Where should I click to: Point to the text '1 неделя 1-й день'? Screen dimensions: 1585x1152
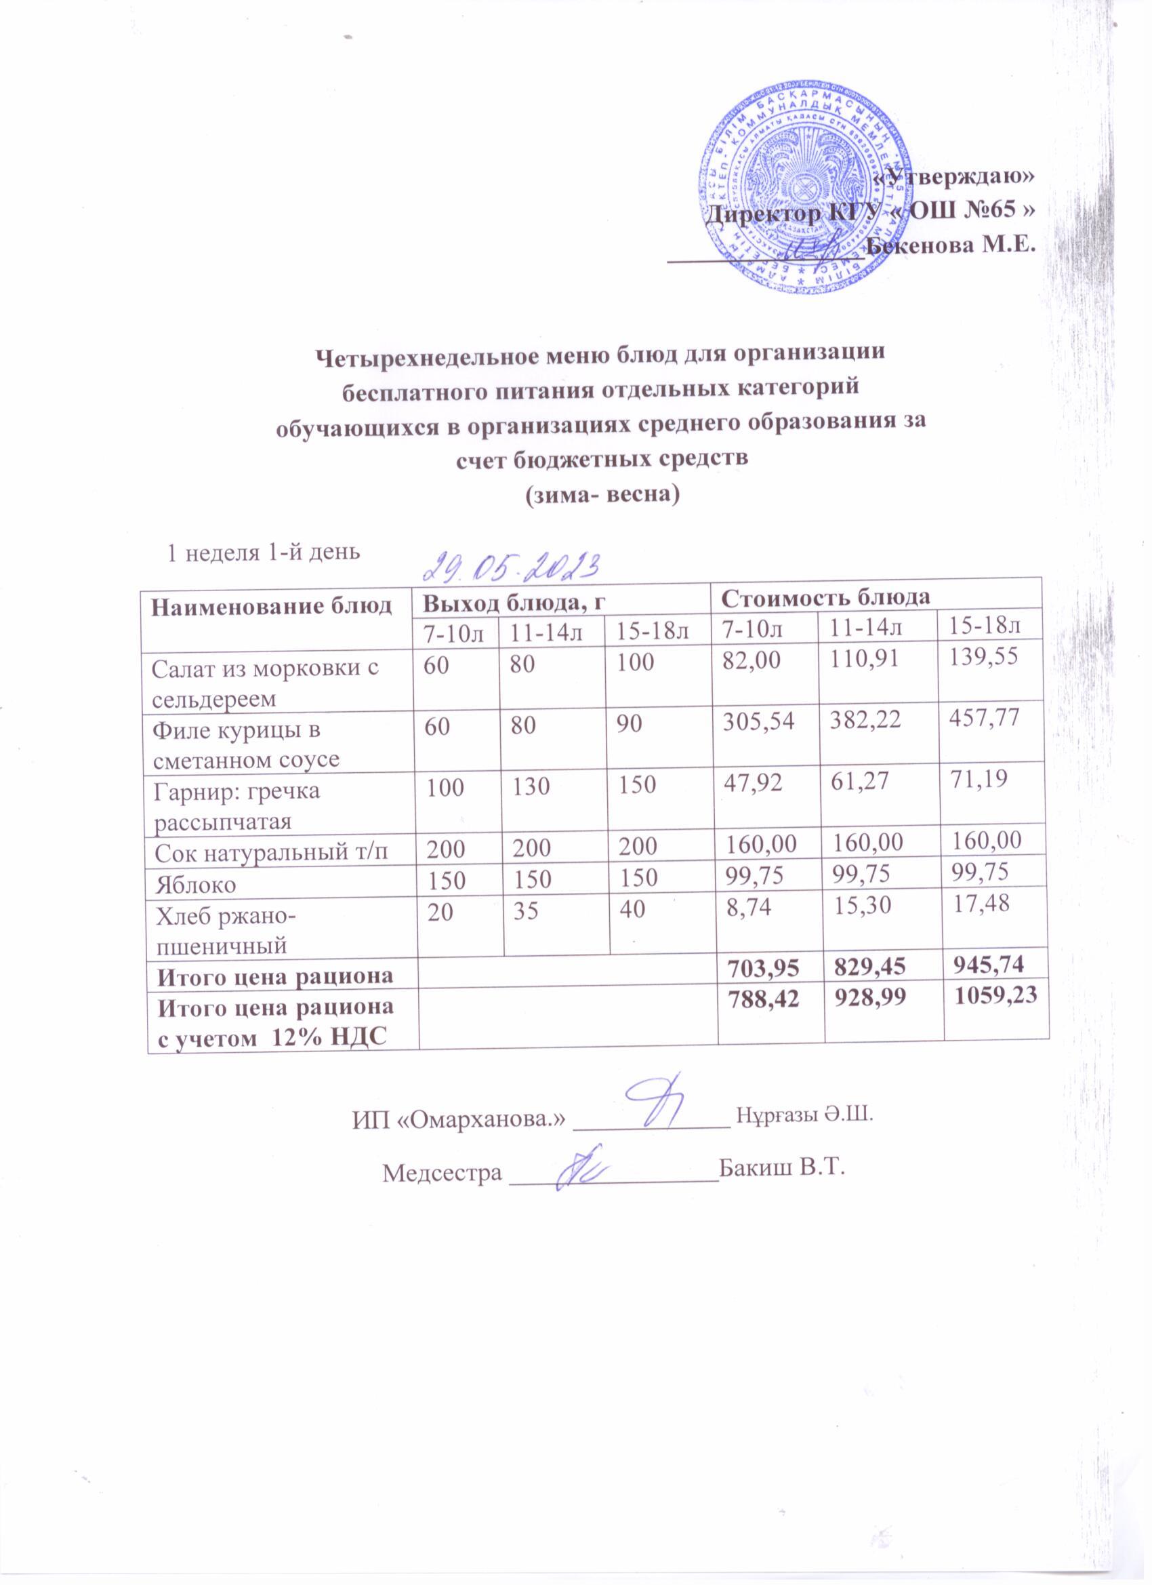[x=262, y=552]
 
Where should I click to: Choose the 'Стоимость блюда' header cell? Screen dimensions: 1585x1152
[x=825, y=597]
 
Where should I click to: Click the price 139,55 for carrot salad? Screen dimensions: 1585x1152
[x=985, y=657]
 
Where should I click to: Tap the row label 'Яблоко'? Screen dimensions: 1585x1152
[x=195, y=885]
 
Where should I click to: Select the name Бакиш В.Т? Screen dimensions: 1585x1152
[x=782, y=1170]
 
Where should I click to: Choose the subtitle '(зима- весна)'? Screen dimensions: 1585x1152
[x=602, y=495]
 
